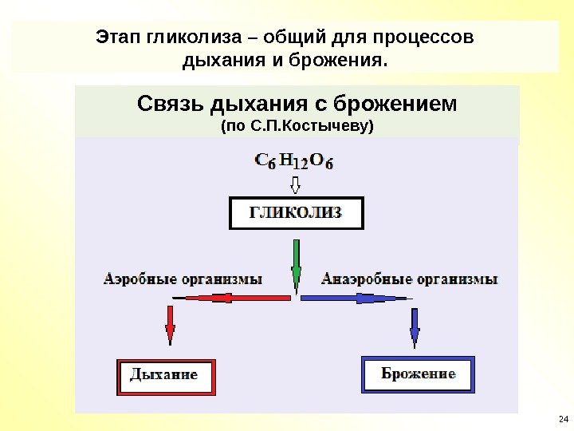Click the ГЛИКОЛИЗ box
[297, 213]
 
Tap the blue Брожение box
[418, 374]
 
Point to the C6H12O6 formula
[294, 161]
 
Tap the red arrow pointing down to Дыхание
[171, 325]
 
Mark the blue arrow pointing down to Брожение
[415, 326]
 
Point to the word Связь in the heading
[170, 105]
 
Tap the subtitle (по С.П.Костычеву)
[297, 126]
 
